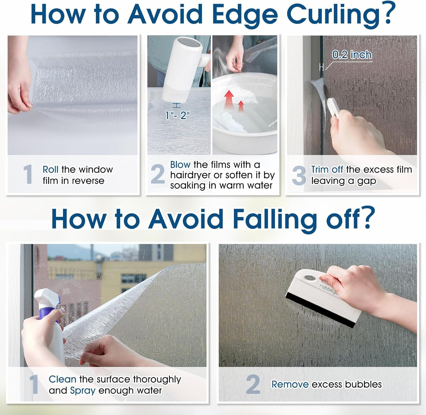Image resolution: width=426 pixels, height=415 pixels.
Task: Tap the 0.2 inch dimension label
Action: tap(352, 55)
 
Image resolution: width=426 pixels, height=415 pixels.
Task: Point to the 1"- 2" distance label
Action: tap(177, 115)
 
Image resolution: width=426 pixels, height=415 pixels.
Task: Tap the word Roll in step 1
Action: tap(51, 169)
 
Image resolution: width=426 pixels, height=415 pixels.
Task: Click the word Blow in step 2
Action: tap(180, 165)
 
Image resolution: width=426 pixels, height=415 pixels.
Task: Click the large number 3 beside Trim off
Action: tap(299, 175)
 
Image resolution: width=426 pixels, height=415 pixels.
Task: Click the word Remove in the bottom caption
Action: tap(290, 384)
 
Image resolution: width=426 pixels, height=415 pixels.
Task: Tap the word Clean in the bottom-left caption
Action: tap(62, 379)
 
